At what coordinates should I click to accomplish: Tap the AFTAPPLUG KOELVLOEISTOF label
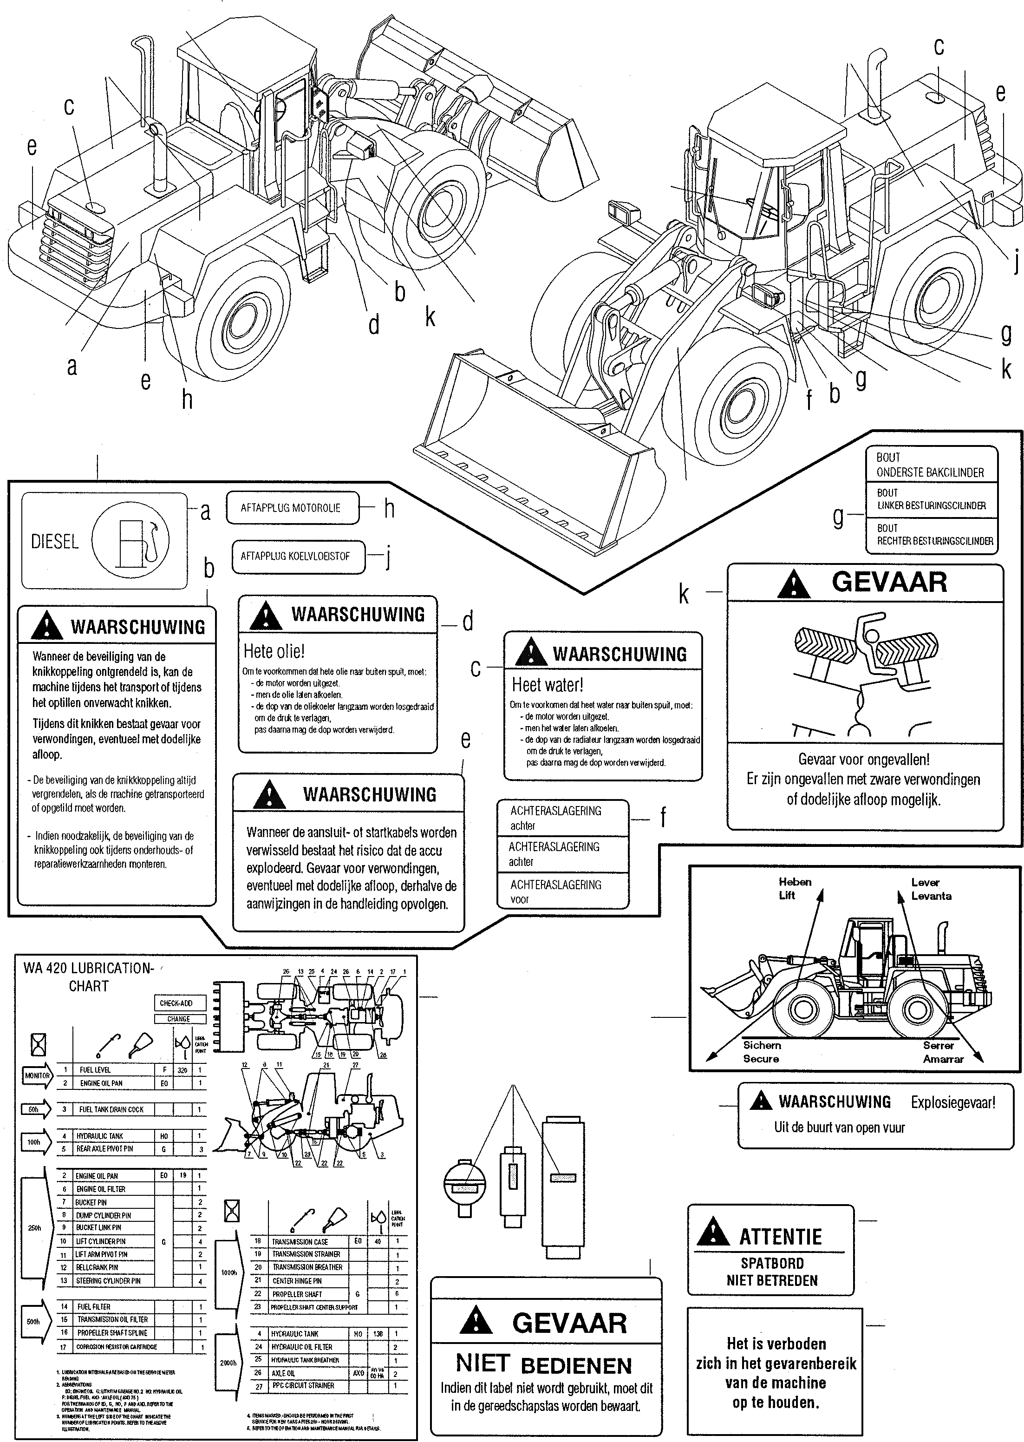tap(294, 557)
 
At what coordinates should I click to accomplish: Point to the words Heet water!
tap(548, 684)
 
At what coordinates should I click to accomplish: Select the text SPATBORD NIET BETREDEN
tap(772, 1272)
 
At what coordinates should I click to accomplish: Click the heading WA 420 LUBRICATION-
tap(88, 968)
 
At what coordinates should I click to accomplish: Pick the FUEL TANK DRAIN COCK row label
tap(111, 1109)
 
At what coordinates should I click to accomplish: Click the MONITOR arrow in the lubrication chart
tap(38, 1075)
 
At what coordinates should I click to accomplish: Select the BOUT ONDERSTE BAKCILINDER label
tap(929, 465)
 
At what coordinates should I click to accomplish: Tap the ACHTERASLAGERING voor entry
tap(555, 891)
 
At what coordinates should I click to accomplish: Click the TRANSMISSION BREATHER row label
tap(307, 1267)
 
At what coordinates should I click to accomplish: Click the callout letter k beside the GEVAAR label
tap(684, 594)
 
